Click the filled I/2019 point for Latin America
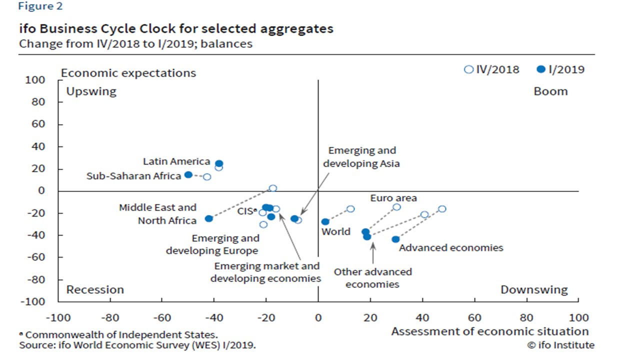(x=219, y=163)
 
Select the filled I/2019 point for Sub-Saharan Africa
(x=188, y=174)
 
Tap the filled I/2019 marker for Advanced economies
(x=395, y=239)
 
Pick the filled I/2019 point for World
(x=325, y=221)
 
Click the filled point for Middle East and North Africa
(x=209, y=218)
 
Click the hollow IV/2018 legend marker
(x=468, y=69)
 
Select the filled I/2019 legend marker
(x=540, y=69)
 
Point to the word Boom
(x=550, y=91)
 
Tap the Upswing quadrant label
(x=91, y=91)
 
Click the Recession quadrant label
(x=95, y=289)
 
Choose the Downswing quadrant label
(x=534, y=289)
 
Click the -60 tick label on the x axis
(x=162, y=317)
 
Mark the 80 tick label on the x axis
(x=526, y=317)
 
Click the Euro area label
(x=393, y=198)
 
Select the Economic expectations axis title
(x=128, y=73)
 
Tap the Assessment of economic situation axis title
(x=489, y=331)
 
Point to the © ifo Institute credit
(x=560, y=345)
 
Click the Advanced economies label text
(x=451, y=247)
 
